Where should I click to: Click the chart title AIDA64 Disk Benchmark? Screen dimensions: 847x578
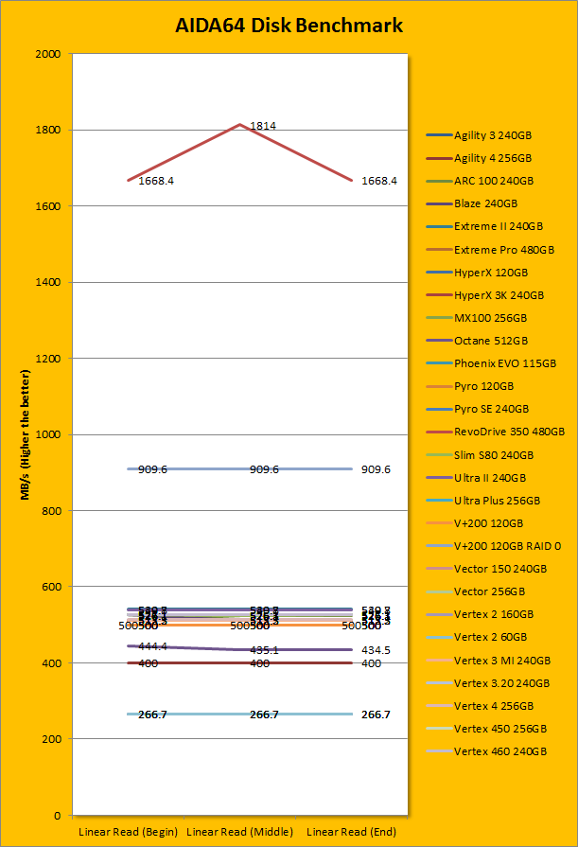(x=289, y=26)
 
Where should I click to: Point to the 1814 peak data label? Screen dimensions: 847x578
(x=263, y=126)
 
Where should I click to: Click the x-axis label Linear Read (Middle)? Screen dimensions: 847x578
(x=239, y=831)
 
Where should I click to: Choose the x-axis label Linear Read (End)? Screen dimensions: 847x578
(x=353, y=831)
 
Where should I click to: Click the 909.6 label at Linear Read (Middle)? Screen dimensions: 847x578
(x=264, y=469)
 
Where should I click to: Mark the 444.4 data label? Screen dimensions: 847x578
(x=153, y=646)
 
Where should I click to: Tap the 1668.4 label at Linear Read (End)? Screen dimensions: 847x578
(x=379, y=181)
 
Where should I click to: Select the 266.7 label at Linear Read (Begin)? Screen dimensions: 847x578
(x=153, y=715)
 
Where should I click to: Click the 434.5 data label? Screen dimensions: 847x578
(x=377, y=650)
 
